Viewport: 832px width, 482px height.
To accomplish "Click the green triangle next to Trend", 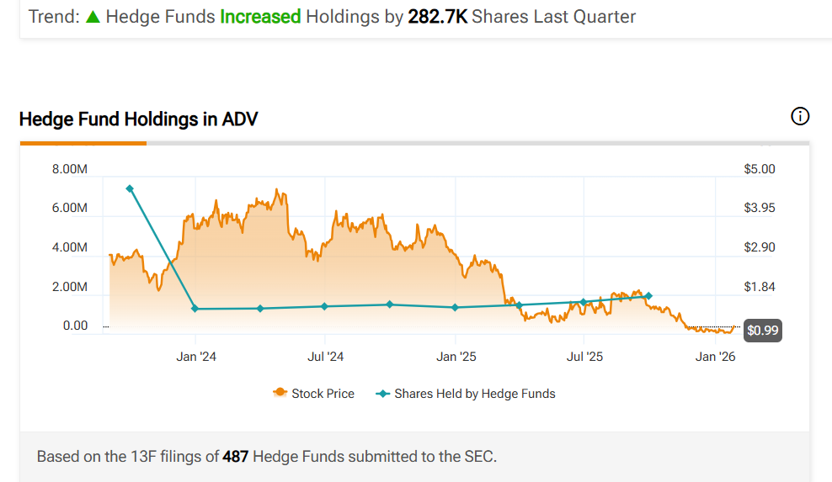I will point(93,17).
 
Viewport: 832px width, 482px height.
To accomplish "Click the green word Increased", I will point(260,17).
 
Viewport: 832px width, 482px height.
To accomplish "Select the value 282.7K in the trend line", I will point(438,17).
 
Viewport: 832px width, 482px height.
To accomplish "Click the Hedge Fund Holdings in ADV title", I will point(138,119).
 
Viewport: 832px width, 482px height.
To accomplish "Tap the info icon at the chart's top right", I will point(800,117).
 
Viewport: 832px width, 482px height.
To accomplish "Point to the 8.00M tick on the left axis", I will point(69,169).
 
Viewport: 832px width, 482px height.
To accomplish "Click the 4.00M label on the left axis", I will point(69,247).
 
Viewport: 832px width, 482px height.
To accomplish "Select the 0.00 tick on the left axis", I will point(75,326).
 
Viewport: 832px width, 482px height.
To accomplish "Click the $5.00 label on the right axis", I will point(760,169).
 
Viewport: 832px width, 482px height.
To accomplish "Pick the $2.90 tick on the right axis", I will point(760,247).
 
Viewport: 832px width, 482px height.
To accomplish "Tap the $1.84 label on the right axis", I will point(760,287).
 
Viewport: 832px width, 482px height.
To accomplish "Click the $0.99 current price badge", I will point(763,331).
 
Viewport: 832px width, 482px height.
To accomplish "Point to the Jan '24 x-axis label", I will point(195,357).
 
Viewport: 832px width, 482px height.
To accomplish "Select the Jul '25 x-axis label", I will point(585,357).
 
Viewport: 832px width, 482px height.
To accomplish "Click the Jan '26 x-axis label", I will point(715,357).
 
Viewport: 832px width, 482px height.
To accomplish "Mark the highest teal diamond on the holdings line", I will point(130,188).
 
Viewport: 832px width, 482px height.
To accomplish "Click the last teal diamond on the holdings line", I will point(648,296).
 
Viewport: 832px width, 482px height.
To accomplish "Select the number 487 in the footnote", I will point(235,457).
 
